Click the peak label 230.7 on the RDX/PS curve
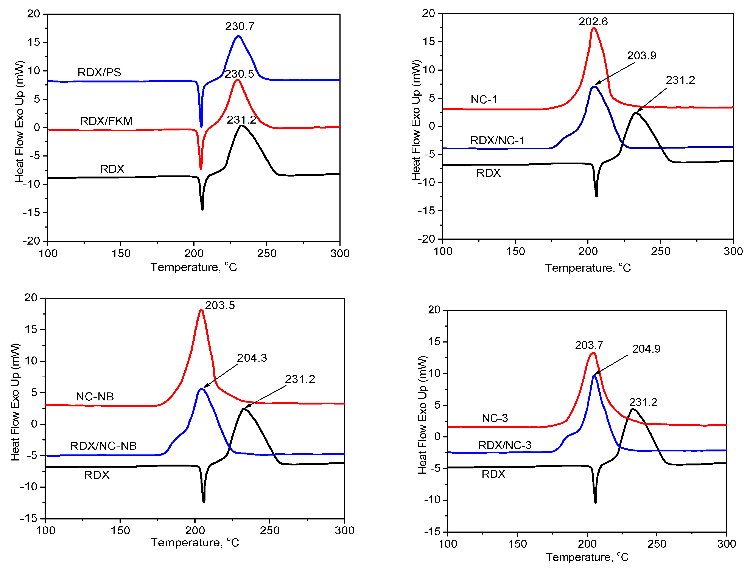point(240,26)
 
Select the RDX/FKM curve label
point(106,121)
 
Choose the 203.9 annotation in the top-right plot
point(641,56)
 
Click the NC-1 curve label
point(484,99)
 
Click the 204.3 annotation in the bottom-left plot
point(252,358)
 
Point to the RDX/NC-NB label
point(103,446)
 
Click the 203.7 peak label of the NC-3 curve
point(589,345)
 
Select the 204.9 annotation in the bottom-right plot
point(646,349)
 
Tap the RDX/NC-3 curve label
point(504,445)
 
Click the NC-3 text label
point(495,418)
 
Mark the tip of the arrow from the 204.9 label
point(594,375)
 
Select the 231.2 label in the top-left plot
point(241,120)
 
